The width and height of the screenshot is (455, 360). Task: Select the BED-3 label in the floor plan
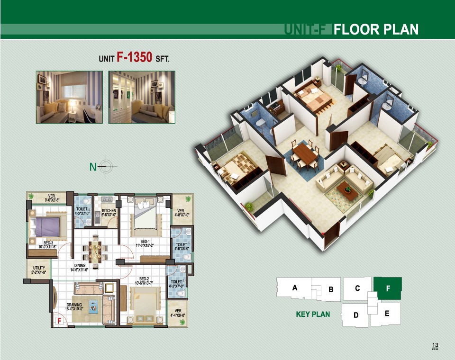tap(47, 244)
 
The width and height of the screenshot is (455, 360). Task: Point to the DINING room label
tap(80, 267)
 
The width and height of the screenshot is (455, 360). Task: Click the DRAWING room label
tap(74, 306)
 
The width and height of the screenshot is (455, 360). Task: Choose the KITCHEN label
tap(109, 212)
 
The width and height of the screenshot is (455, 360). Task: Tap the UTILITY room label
tap(38, 270)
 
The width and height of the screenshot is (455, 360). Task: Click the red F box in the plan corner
tap(60, 322)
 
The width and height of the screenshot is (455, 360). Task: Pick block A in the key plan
tap(295, 288)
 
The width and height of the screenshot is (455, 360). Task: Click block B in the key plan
tap(331, 289)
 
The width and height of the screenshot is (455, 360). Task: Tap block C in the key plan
tap(357, 288)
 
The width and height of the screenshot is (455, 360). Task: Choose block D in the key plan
tap(356, 315)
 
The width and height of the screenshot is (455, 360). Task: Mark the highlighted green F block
tap(388, 288)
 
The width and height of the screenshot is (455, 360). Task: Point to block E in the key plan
tap(387, 313)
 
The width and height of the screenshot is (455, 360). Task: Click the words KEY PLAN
tap(313, 314)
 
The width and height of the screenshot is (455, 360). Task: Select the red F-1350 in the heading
tap(134, 58)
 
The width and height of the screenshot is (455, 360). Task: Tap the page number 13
tap(435, 345)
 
